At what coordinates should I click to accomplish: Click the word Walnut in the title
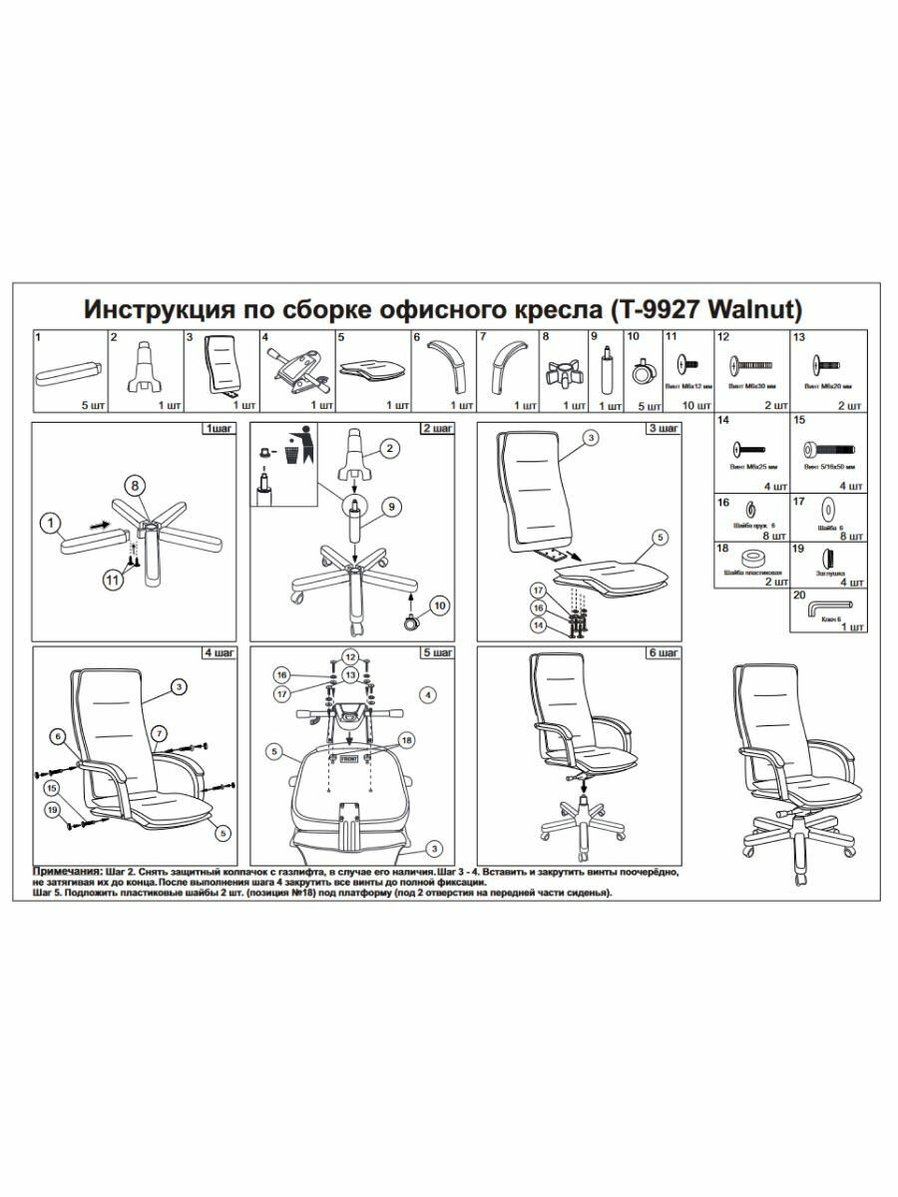coord(756,308)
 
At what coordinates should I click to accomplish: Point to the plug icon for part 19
coord(827,557)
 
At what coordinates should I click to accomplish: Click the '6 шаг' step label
coord(664,652)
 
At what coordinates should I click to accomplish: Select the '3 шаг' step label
coord(664,428)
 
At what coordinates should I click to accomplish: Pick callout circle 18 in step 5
coord(406,739)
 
